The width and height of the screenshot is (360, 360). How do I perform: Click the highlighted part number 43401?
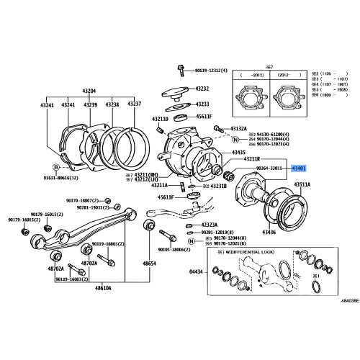[x=298, y=168]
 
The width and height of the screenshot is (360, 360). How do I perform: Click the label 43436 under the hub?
[x=268, y=232]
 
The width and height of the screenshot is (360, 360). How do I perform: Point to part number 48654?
[x=149, y=264]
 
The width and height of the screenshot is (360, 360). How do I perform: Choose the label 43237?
[x=135, y=104]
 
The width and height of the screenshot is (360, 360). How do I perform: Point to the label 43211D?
[x=160, y=119]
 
